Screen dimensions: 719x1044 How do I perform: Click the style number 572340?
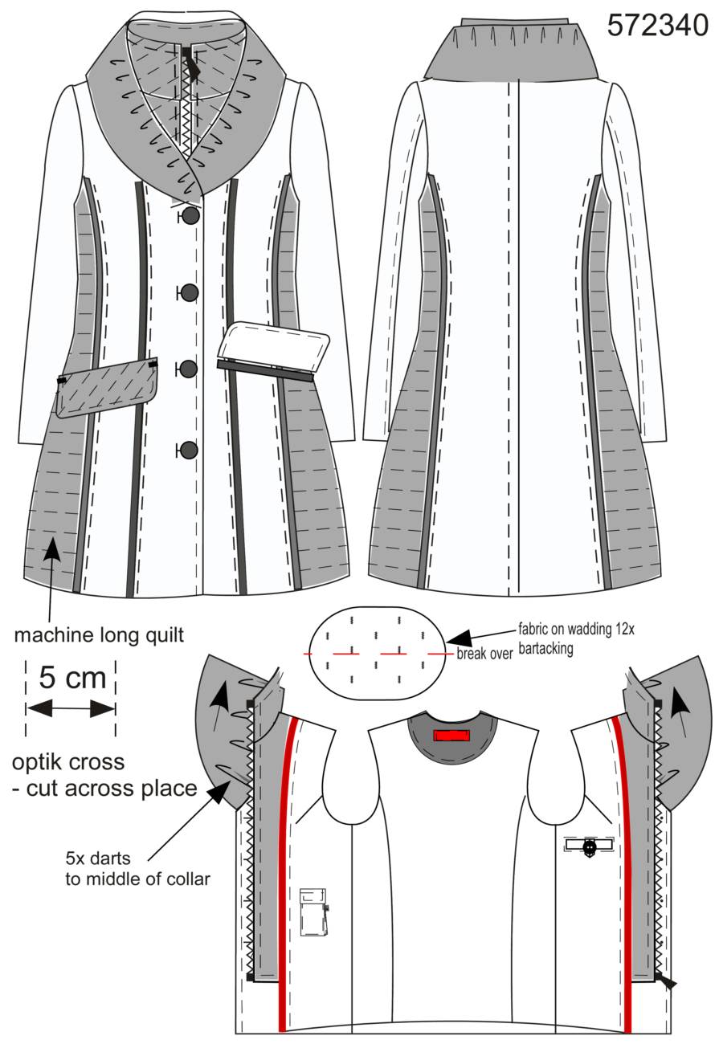(x=657, y=25)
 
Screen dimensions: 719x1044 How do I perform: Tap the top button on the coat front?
(x=190, y=216)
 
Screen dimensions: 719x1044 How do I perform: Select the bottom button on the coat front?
(x=189, y=450)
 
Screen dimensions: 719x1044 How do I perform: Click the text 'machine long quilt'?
(x=100, y=634)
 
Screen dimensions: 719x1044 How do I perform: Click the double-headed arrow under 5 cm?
(x=71, y=709)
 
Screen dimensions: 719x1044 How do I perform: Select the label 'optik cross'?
(x=68, y=762)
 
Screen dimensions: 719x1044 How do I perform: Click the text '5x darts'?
(x=98, y=858)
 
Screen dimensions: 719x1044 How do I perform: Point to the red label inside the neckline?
(x=451, y=736)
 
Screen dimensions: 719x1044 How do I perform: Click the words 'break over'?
(x=484, y=654)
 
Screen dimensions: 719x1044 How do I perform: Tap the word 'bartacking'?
(x=545, y=648)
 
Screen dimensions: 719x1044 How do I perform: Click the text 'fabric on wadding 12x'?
(x=576, y=629)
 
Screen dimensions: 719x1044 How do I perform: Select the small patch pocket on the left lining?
(x=313, y=911)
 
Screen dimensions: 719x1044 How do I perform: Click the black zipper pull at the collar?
(x=192, y=63)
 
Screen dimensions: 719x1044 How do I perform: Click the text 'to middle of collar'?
(x=137, y=879)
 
